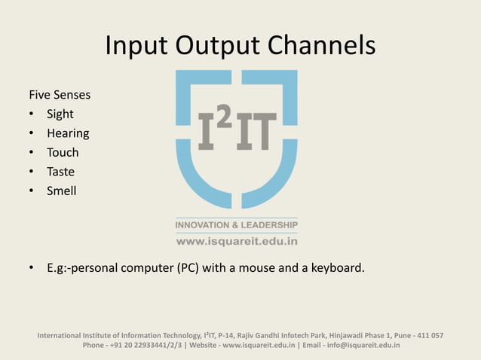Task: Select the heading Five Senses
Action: coord(60,96)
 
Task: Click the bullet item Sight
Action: coord(60,114)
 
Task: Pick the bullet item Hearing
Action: coord(68,133)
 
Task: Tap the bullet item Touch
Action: coord(63,152)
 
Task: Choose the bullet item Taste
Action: coord(60,172)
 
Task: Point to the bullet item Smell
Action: coord(62,191)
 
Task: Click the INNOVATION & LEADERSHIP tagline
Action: coord(237,225)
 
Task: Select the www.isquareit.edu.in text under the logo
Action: coord(237,242)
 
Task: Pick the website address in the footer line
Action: coord(259,346)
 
